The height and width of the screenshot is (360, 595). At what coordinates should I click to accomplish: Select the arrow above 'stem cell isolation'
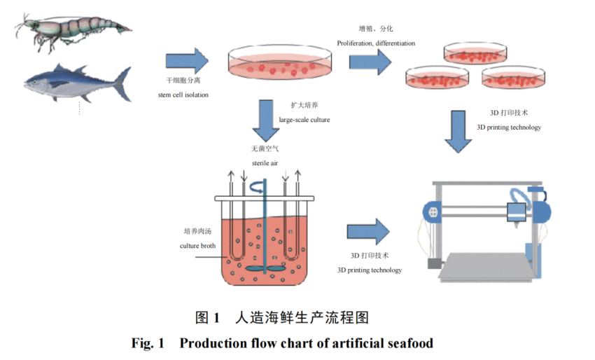(x=187, y=62)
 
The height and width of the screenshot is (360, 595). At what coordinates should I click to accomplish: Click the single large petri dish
(x=279, y=64)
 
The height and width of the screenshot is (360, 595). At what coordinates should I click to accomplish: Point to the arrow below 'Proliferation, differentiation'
(x=370, y=62)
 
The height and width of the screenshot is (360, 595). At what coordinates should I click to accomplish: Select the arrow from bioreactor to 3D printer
(x=367, y=232)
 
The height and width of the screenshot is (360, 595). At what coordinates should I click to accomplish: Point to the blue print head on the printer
(x=516, y=213)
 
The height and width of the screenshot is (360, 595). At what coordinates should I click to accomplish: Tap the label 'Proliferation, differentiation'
(x=375, y=43)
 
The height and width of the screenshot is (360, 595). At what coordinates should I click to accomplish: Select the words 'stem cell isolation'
(x=183, y=94)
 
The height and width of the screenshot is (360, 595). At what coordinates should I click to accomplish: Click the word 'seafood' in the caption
(x=409, y=343)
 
